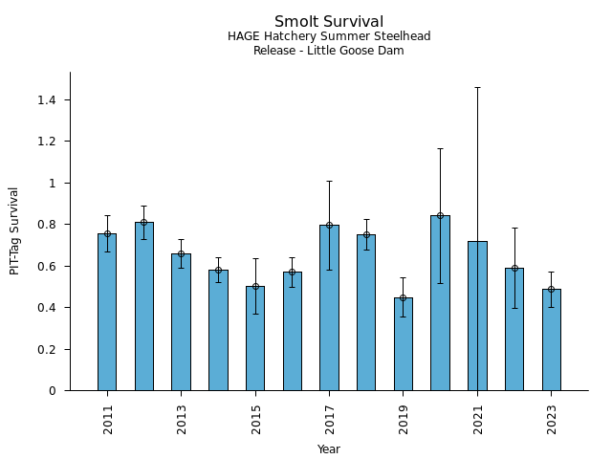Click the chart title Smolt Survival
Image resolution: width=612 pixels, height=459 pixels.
(x=329, y=22)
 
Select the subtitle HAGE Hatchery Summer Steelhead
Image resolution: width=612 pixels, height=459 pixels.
(x=329, y=36)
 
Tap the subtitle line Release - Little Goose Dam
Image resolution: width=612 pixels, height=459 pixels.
(x=329, y=51)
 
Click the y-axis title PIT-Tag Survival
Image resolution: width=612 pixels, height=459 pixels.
(x=14, y=230)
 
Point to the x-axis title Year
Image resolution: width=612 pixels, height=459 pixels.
(x=329, y=449)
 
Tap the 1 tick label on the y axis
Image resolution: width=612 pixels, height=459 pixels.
(x=53, y=183)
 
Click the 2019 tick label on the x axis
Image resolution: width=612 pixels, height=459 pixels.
(x=404, y=420)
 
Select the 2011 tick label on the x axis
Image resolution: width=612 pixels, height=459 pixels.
(x=107, y=420)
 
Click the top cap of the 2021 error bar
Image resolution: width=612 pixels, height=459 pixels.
(x=477, y=87)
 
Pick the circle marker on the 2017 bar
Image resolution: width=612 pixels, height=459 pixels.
(x=329, y=226)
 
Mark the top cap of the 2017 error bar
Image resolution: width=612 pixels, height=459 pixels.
(x=329, y=181)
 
